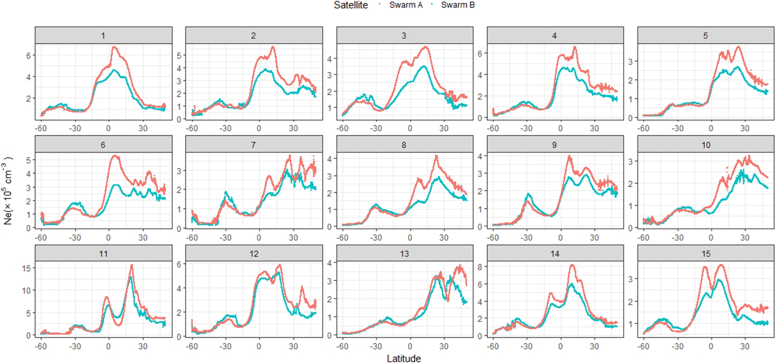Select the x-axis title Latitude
point(405,358)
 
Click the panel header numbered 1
point(103,36)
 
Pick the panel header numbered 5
point(705,36)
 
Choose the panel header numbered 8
point(404,145)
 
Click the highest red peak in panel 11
point(131,266)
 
